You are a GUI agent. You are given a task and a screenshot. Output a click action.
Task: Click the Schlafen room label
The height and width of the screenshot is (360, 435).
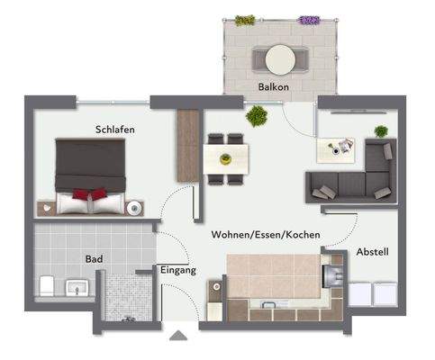pos(114,130)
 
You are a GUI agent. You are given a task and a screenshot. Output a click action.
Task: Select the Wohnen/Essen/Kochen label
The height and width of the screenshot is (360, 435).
pos(266,234)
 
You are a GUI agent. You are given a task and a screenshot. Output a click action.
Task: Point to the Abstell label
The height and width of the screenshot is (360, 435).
pos(372,252)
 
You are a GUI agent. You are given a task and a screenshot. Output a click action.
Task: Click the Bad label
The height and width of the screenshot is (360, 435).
pos(94,259)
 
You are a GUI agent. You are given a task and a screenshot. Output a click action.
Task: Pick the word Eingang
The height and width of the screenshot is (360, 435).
pos(178,270)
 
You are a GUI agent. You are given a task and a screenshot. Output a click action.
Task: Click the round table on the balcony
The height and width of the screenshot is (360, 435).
pos(279,58)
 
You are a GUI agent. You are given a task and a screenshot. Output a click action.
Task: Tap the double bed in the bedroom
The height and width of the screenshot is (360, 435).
pos(89,174)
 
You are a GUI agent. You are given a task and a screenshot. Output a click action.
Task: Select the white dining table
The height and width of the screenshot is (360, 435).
pos(225,158)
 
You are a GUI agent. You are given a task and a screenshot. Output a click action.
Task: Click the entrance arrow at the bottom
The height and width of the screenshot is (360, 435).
pos(179,337)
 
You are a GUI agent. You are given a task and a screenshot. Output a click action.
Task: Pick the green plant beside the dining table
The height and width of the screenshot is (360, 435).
pos(257,114)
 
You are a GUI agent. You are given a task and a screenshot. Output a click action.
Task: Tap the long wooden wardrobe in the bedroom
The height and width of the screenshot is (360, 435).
pos(187,144)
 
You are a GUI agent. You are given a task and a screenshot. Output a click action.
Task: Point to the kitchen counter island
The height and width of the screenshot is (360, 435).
pos(275,280)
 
